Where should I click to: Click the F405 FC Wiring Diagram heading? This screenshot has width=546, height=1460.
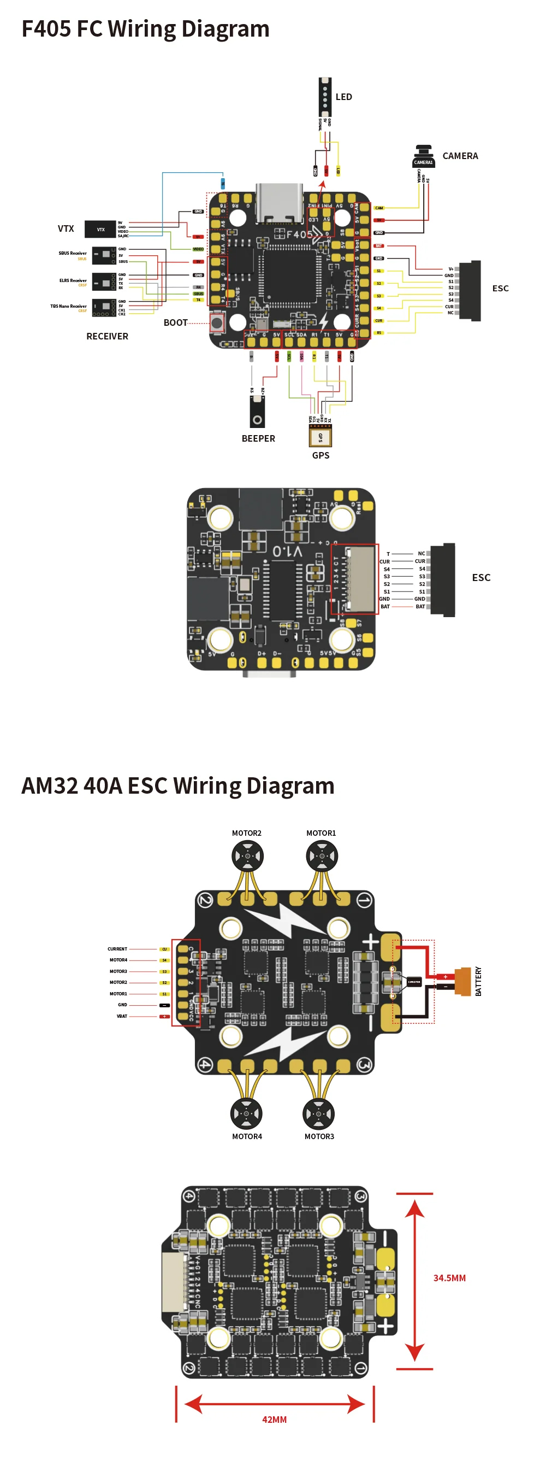145,29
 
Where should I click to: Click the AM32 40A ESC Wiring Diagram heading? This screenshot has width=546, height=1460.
177,786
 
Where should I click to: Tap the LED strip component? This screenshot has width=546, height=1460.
324,96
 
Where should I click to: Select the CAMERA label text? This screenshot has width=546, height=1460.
460,156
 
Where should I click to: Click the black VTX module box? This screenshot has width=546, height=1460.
100,230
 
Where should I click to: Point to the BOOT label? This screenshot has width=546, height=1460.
175,323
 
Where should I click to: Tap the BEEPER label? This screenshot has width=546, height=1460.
258,439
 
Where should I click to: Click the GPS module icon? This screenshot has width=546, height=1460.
320,436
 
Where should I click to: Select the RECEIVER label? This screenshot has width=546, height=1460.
107,336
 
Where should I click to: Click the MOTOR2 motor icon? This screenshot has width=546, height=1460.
247,855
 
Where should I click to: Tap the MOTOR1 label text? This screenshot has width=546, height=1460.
321,833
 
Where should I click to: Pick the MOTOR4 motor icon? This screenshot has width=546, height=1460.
246,1113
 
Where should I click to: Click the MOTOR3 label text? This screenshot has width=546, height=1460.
319,1136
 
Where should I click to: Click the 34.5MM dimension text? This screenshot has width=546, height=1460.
449,1278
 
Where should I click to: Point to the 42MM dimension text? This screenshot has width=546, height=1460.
274,1419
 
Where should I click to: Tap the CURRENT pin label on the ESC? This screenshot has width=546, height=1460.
117,949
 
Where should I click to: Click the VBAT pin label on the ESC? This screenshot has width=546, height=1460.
122,1016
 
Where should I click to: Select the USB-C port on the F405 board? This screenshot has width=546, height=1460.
278,203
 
